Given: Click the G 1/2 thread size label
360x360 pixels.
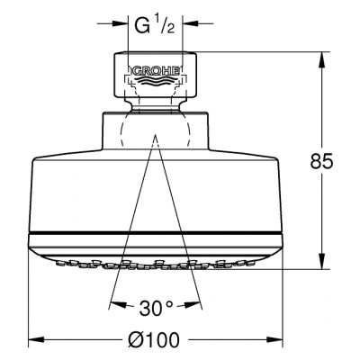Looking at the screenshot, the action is point(154,26).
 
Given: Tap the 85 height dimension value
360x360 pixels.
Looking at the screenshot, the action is point(321,162).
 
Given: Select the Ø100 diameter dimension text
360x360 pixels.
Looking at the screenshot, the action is point(154,340).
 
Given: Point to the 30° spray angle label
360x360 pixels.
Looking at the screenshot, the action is point(156,308).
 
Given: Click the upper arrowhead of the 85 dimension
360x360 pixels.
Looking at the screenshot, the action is point(322,60).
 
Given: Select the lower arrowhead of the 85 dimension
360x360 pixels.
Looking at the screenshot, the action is point(322,260).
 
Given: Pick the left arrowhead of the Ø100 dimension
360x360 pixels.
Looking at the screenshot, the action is point(36,340).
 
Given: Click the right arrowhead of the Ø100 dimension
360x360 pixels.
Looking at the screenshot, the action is point(274,340).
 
